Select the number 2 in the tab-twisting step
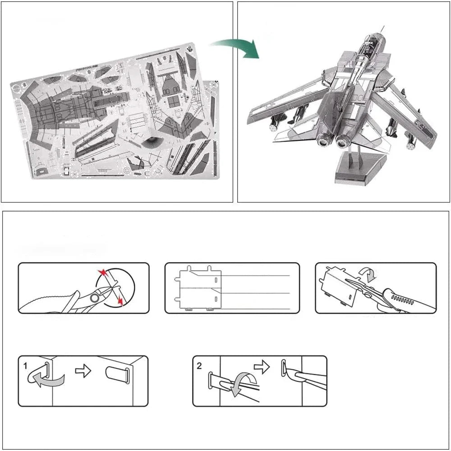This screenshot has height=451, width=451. pos(199,365)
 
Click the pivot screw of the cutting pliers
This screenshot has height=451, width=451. pos(94,297)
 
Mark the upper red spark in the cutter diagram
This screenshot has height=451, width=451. pos(103,273)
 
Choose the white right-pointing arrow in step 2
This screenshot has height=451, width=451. pos(261,366)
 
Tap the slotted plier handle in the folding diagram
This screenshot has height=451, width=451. pos(406,300)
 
